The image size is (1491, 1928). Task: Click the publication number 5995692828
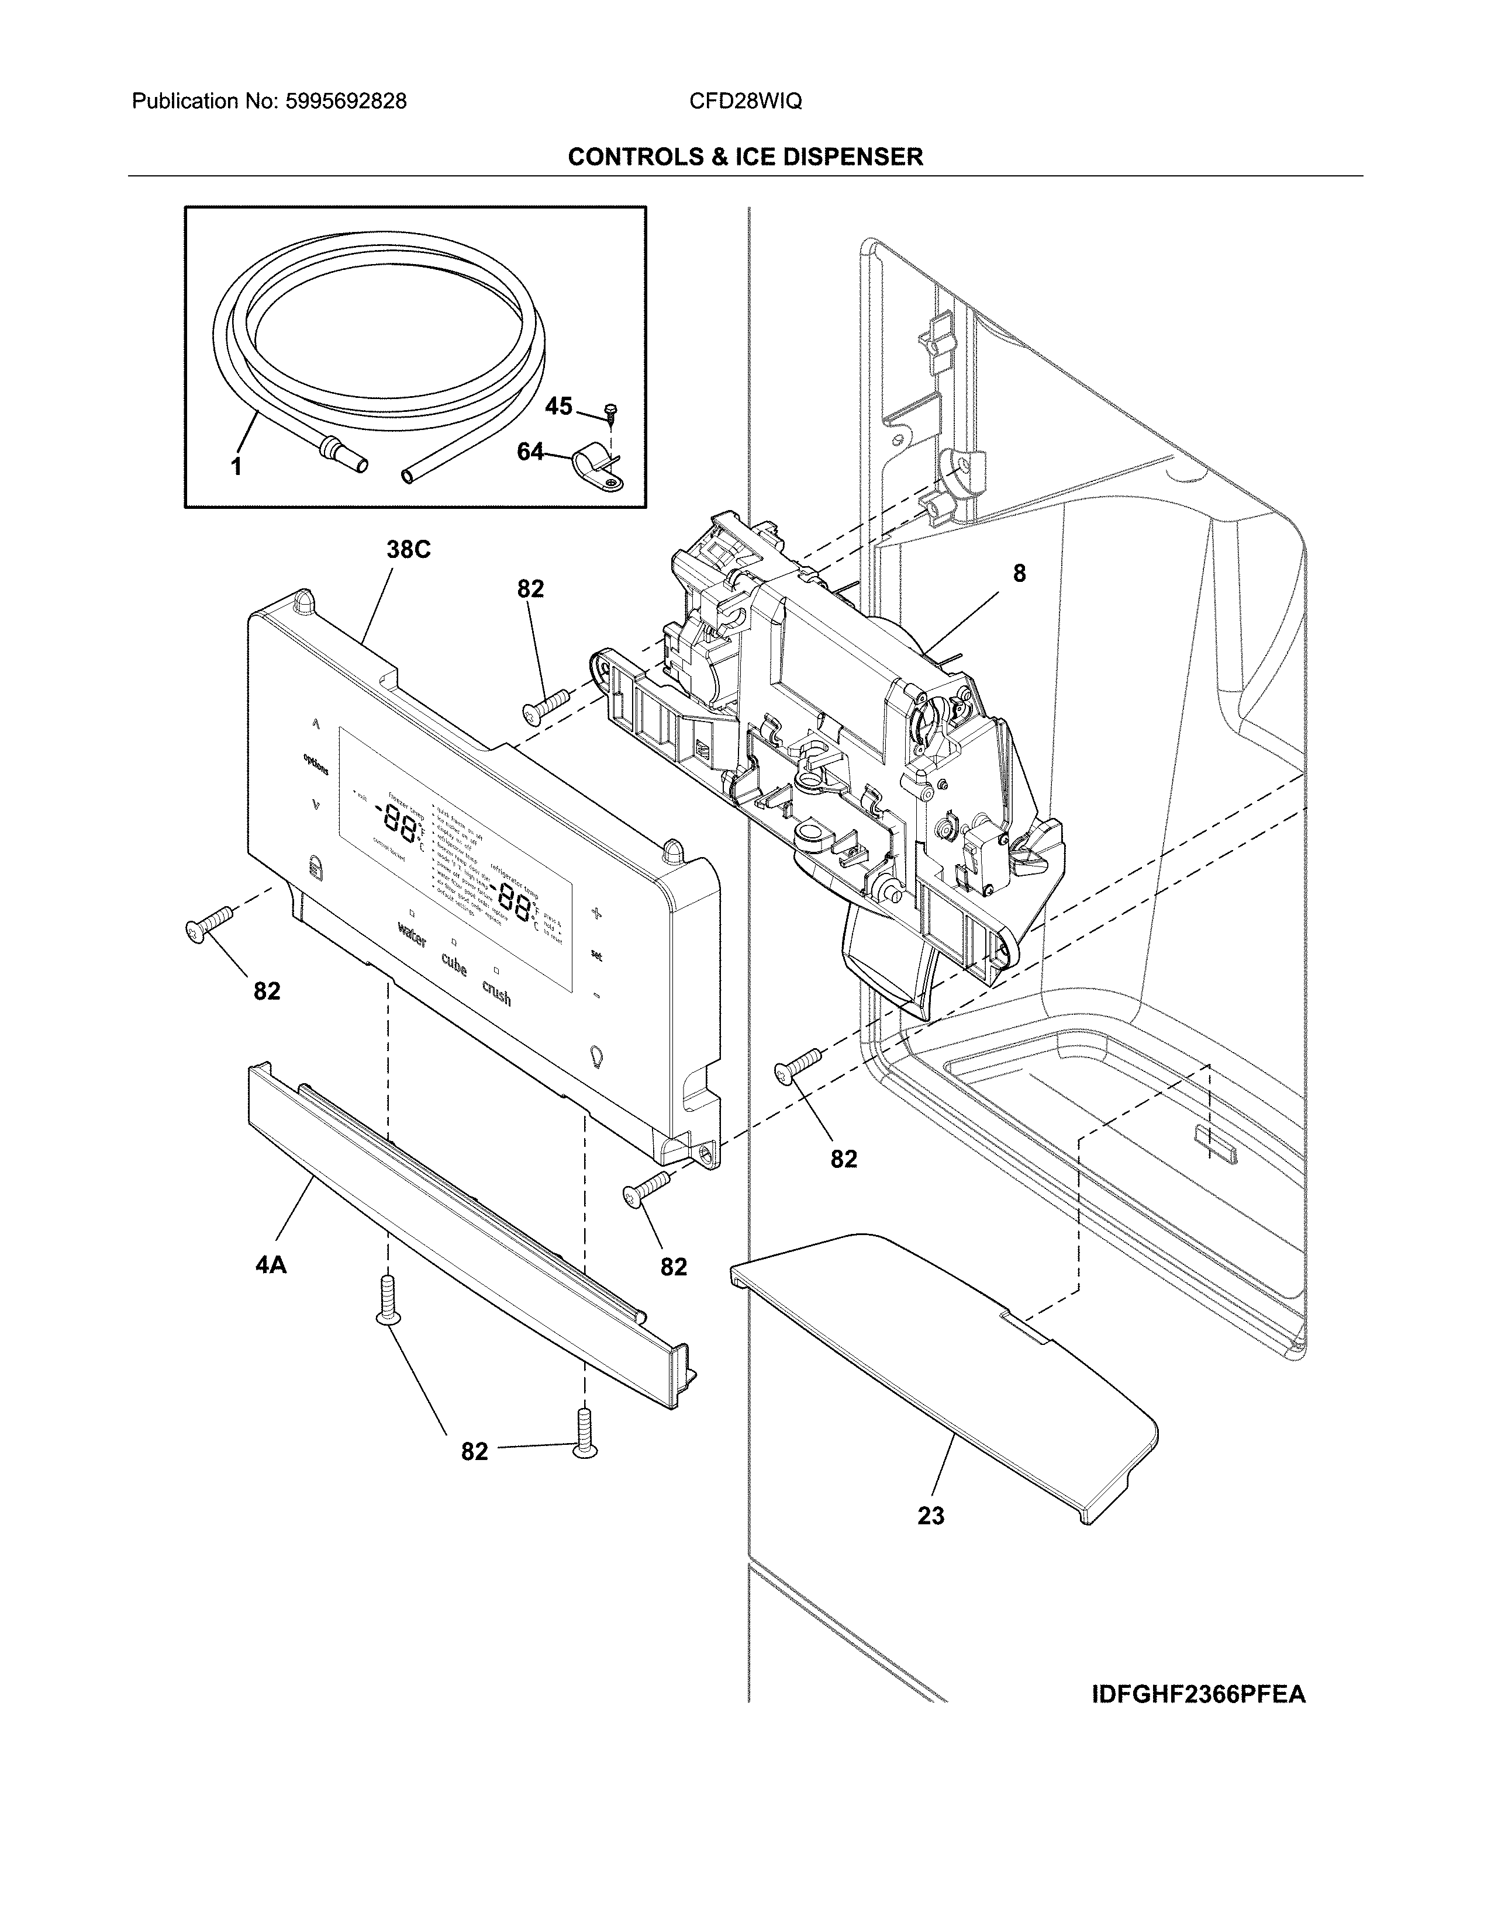346,102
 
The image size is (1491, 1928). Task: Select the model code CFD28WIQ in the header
745,102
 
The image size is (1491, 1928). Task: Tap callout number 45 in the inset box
558,406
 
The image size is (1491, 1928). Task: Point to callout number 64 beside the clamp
530,452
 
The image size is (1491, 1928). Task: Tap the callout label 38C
408,550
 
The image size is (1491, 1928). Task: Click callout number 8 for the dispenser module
1019,574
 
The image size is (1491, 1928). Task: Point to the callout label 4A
271,1265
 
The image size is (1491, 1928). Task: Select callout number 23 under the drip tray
931,1516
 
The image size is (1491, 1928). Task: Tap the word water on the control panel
412,934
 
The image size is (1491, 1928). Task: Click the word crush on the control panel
496,994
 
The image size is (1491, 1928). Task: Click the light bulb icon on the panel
596,1056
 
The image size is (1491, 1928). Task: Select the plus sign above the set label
597,914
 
